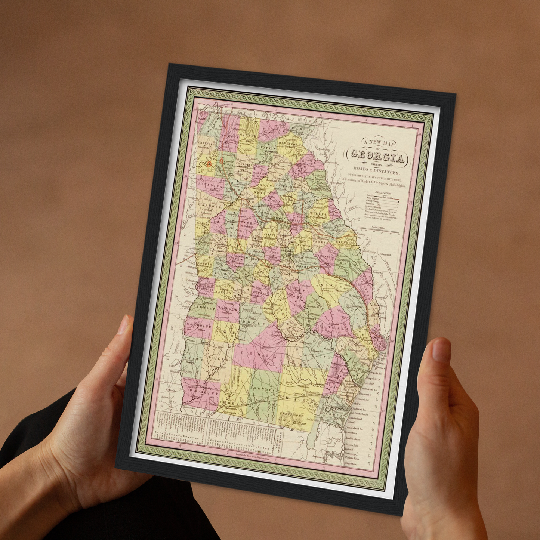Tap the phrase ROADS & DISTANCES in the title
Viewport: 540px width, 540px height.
[376, 170]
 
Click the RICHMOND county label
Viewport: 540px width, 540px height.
[345, 242]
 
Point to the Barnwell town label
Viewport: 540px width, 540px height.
[386, 254]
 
